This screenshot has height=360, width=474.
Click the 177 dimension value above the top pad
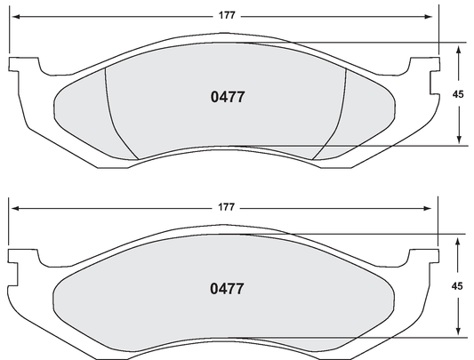coord(226,15)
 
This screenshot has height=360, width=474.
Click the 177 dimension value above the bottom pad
coord(226,207)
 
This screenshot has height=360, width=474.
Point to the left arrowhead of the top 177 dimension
coord(13,15)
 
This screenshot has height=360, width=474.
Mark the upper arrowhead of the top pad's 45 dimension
coord(459,47)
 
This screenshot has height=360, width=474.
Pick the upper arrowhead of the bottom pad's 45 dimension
coord(459,238)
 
